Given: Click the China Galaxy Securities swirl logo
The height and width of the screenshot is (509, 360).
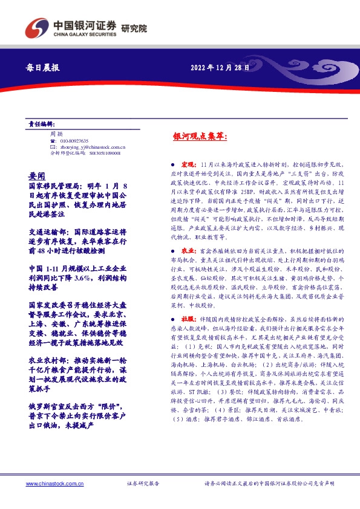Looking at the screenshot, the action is tap(35, 27).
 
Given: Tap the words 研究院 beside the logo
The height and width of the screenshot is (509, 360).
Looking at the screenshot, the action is tap(134, 28).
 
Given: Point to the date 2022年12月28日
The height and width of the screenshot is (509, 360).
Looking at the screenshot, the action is tap(221, 68).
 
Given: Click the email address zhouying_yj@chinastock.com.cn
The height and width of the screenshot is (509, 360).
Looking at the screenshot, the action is tap(91, 147).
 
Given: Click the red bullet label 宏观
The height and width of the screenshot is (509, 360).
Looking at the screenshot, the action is tap(187, 164).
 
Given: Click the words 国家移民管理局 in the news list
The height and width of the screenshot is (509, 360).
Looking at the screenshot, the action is tap(50, 187).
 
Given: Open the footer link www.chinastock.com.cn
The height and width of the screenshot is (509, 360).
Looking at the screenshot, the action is tap(51, 484).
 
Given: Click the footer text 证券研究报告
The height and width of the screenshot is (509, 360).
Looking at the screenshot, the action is tap(143, 484).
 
